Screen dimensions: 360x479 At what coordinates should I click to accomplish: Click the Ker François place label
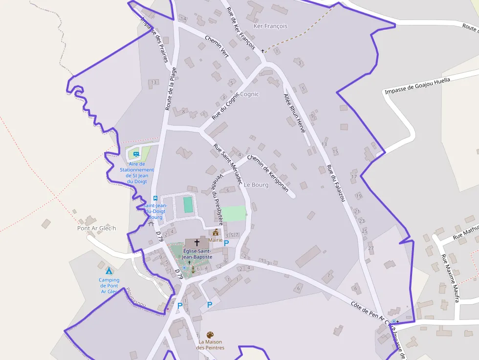[x=270, y=26]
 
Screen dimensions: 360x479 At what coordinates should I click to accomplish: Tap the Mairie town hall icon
[x=216, y=233]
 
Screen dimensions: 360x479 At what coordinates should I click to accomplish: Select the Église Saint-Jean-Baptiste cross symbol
[x=197, y=242]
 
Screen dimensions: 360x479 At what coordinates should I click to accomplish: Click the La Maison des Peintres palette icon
[x=210, y=335]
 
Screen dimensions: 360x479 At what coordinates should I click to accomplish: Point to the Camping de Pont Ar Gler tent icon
[x=109, y=271]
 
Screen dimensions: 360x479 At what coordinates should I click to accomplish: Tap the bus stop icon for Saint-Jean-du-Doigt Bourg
[x=155, y=198]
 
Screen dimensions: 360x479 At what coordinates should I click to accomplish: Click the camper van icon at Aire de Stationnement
[x=136, y=154]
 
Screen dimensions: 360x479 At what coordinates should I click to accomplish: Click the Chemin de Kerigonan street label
[x=268, y=172]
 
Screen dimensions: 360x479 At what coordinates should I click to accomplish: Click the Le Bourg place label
[x=256, y=185]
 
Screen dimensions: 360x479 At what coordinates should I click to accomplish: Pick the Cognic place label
[x=250, y=94]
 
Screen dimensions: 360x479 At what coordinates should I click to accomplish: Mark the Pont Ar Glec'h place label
[x=97, y=228]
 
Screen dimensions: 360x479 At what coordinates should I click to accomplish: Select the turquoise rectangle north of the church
[x=188, y=204]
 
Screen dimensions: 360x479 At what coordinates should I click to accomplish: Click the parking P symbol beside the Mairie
[x=227, y=243]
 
